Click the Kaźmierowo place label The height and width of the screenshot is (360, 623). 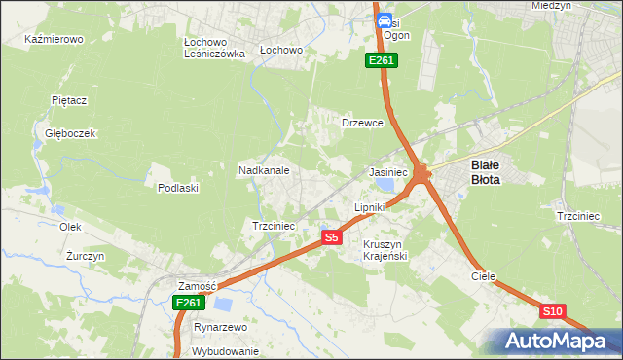(x=54, y=40)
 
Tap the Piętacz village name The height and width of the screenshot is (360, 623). (x=69, y=100)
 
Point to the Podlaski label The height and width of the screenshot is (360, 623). (x=178, y=188)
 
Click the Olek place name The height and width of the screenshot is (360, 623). (x=69, y=227)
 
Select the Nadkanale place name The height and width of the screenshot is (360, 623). (x=264, y=170)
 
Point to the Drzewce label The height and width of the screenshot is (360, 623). (x=362, y=124)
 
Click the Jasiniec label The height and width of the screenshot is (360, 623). (x=387, y=172)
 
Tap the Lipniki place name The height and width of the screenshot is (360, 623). (x=370, y=207)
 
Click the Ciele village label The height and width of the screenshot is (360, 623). (x=484, y=276)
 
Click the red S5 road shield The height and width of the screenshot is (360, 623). (x=331, y=237)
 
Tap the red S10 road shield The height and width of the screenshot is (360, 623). (x=552, y=311)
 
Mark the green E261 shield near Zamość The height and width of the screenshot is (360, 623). (x=189, y=304)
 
